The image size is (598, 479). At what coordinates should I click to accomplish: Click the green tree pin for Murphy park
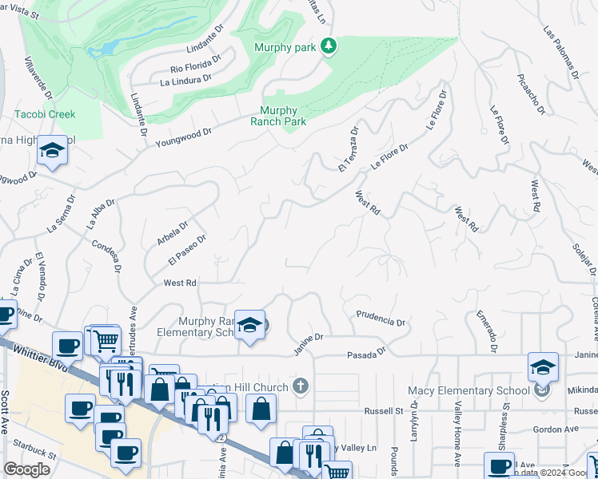tap(328, 47)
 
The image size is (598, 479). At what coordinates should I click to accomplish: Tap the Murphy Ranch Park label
tap(278, 117)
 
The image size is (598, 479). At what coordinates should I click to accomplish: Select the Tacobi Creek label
tap(45, 114)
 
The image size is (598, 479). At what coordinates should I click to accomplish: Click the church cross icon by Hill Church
tap(301, 387)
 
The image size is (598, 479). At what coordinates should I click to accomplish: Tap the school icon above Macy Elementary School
tap(542, 367)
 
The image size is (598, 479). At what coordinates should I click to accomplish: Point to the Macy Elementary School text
tap(468, 390)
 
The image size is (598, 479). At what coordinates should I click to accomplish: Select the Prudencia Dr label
tap(381, 319)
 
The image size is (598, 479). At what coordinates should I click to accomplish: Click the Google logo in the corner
tap(26, 469)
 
